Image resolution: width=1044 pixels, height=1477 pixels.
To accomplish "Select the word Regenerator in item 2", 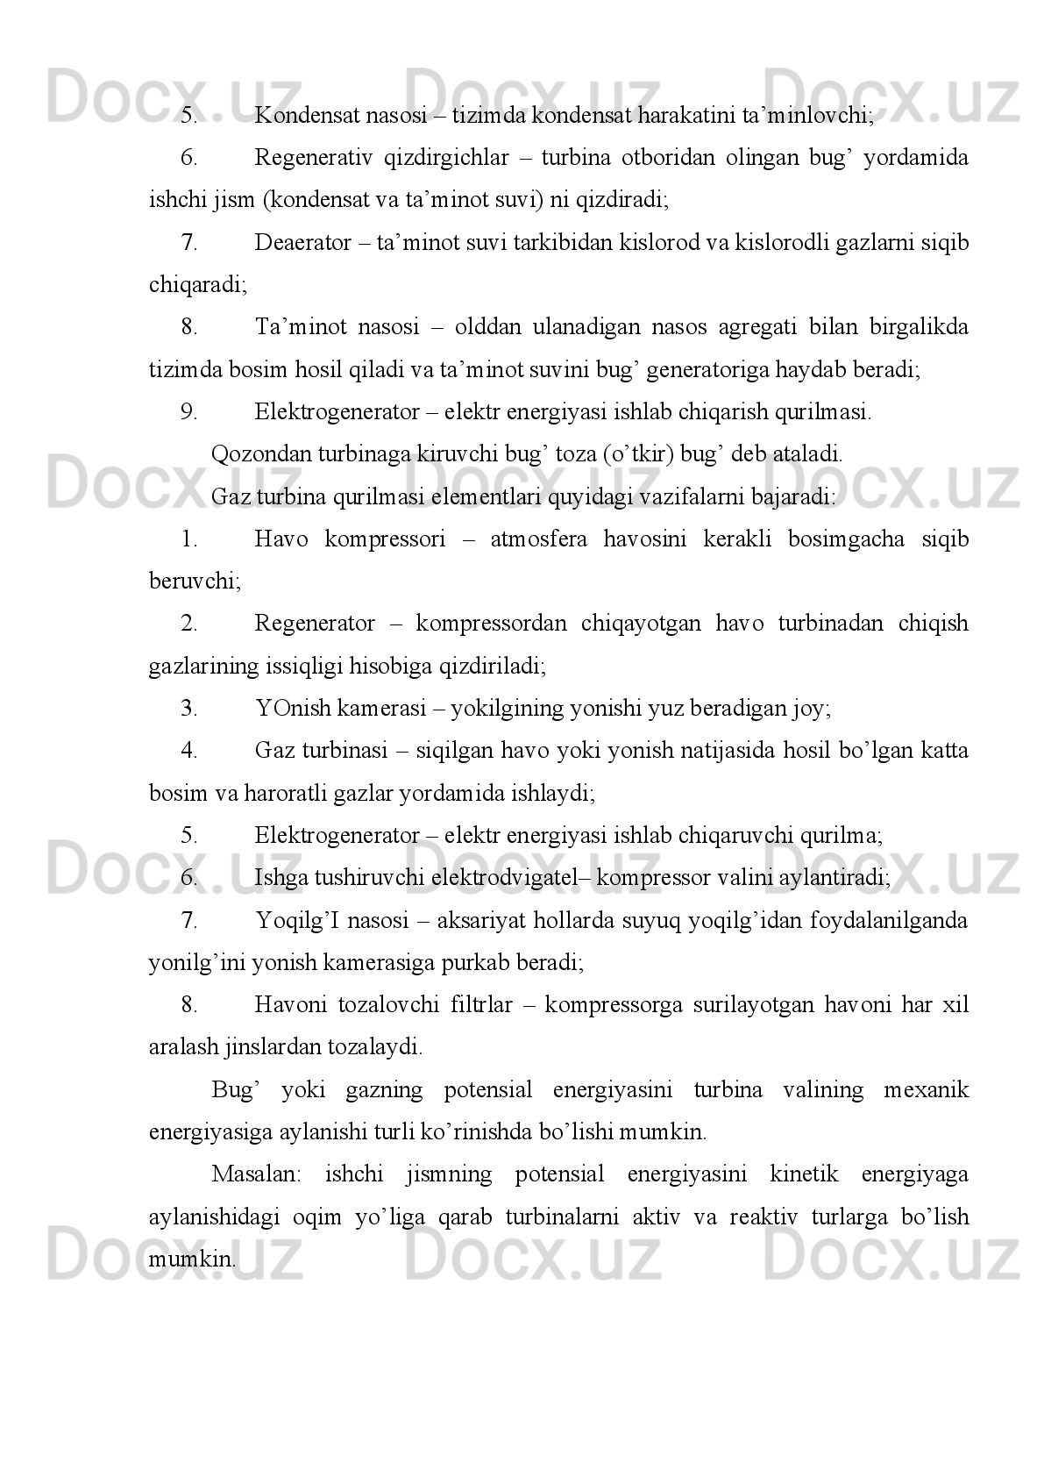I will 315,624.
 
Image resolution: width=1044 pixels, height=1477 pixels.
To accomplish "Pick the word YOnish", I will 294,708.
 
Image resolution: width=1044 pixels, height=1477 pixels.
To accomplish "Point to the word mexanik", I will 927,1090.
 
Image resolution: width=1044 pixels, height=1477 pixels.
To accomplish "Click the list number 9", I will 188,411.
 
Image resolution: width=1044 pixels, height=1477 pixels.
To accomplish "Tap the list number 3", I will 188,708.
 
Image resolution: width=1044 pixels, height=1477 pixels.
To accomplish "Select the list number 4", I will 188,751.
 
